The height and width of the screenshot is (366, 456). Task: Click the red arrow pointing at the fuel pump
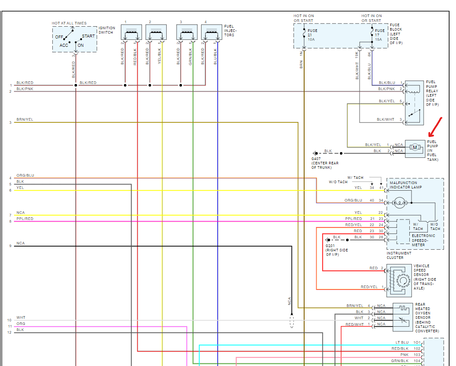pyautogui.click(x=435, y=127)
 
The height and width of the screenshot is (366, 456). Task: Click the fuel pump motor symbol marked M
pyautogui.click(x=415, y=147)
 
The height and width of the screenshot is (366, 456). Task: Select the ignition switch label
pyautogui.click(x=107, y=30)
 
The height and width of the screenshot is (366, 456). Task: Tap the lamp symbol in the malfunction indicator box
pyautogui.click(x=400, y=202)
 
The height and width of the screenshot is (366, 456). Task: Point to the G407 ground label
pyautogui.click(x=325, y=163)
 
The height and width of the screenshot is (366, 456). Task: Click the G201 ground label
pyautogui.click(x=336, y=250)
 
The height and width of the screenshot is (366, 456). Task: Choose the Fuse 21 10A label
pyautogui.click(x=312, y=35)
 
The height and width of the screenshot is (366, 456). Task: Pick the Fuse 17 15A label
pyautogui.click(x=380, y=35)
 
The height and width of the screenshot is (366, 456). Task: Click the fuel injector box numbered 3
pyautogui.click(x=187, y=32)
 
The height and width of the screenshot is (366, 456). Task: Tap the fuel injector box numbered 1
pyautogui.click(x=131, y=32)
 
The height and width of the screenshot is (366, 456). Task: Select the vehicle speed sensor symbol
pyautogui.click(x=399, y=281)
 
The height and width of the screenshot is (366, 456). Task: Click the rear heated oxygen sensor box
pyautogui.click(x=403, y=317)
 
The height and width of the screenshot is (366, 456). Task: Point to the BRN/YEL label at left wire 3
pyautogui.click(x=25, y=119)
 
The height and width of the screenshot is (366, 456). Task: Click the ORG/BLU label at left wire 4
pyautogui.click(x=25, y=175)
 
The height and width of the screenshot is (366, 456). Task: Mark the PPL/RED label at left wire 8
pyautogui.click(x=25, y=219)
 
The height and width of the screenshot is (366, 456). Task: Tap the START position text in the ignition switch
pyautogui.click(x=88, y=36)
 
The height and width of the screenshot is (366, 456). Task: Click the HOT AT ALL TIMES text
pyautogui.click(x=69, y=23)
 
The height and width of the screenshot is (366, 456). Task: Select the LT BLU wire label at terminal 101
pyautogui.click(x=402, y=342)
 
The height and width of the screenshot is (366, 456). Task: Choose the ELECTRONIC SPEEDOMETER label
pyautogui.click(x=423, y=240)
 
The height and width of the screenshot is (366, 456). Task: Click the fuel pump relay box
pyautogui.click(x=415, y=103)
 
